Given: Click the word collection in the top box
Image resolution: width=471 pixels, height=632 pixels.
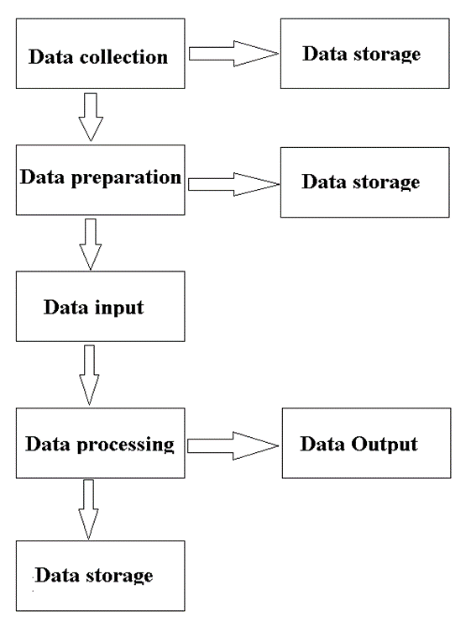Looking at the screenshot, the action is point(123,57).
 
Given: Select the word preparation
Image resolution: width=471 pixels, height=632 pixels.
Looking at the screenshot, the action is point(126,178).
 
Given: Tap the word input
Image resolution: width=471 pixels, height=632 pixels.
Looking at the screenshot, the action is point(118,308).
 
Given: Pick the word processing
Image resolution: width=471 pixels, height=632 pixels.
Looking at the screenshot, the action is point(125,445).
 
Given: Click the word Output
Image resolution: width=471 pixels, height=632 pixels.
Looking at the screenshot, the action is point(385,445).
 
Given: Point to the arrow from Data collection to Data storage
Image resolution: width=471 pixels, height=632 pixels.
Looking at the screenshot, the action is point(233,54).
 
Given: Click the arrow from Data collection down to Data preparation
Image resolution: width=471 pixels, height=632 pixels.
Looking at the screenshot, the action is point(91,117).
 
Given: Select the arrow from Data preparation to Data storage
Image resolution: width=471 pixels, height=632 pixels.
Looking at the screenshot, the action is point(233,184).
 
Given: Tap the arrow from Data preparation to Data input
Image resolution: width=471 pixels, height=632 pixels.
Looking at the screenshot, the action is point(91,245).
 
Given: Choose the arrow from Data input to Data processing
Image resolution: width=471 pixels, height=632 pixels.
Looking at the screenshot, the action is point(89,375).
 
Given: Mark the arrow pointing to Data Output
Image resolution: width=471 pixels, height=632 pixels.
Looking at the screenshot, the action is point(233,445).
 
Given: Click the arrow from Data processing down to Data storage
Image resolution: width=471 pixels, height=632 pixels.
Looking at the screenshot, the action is point(88,509).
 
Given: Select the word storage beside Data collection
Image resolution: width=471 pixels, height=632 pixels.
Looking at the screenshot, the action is point(387,55).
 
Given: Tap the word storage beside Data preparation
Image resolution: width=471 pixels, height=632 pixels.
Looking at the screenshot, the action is point(386,182).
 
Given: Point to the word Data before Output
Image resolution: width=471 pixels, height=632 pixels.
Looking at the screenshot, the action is point(323,444).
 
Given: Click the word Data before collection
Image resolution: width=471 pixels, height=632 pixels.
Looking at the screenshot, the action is point(51,57).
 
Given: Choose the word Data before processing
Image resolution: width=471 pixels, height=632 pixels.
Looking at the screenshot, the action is point(49,444).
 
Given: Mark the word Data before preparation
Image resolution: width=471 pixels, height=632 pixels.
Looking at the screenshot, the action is point(43,177).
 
